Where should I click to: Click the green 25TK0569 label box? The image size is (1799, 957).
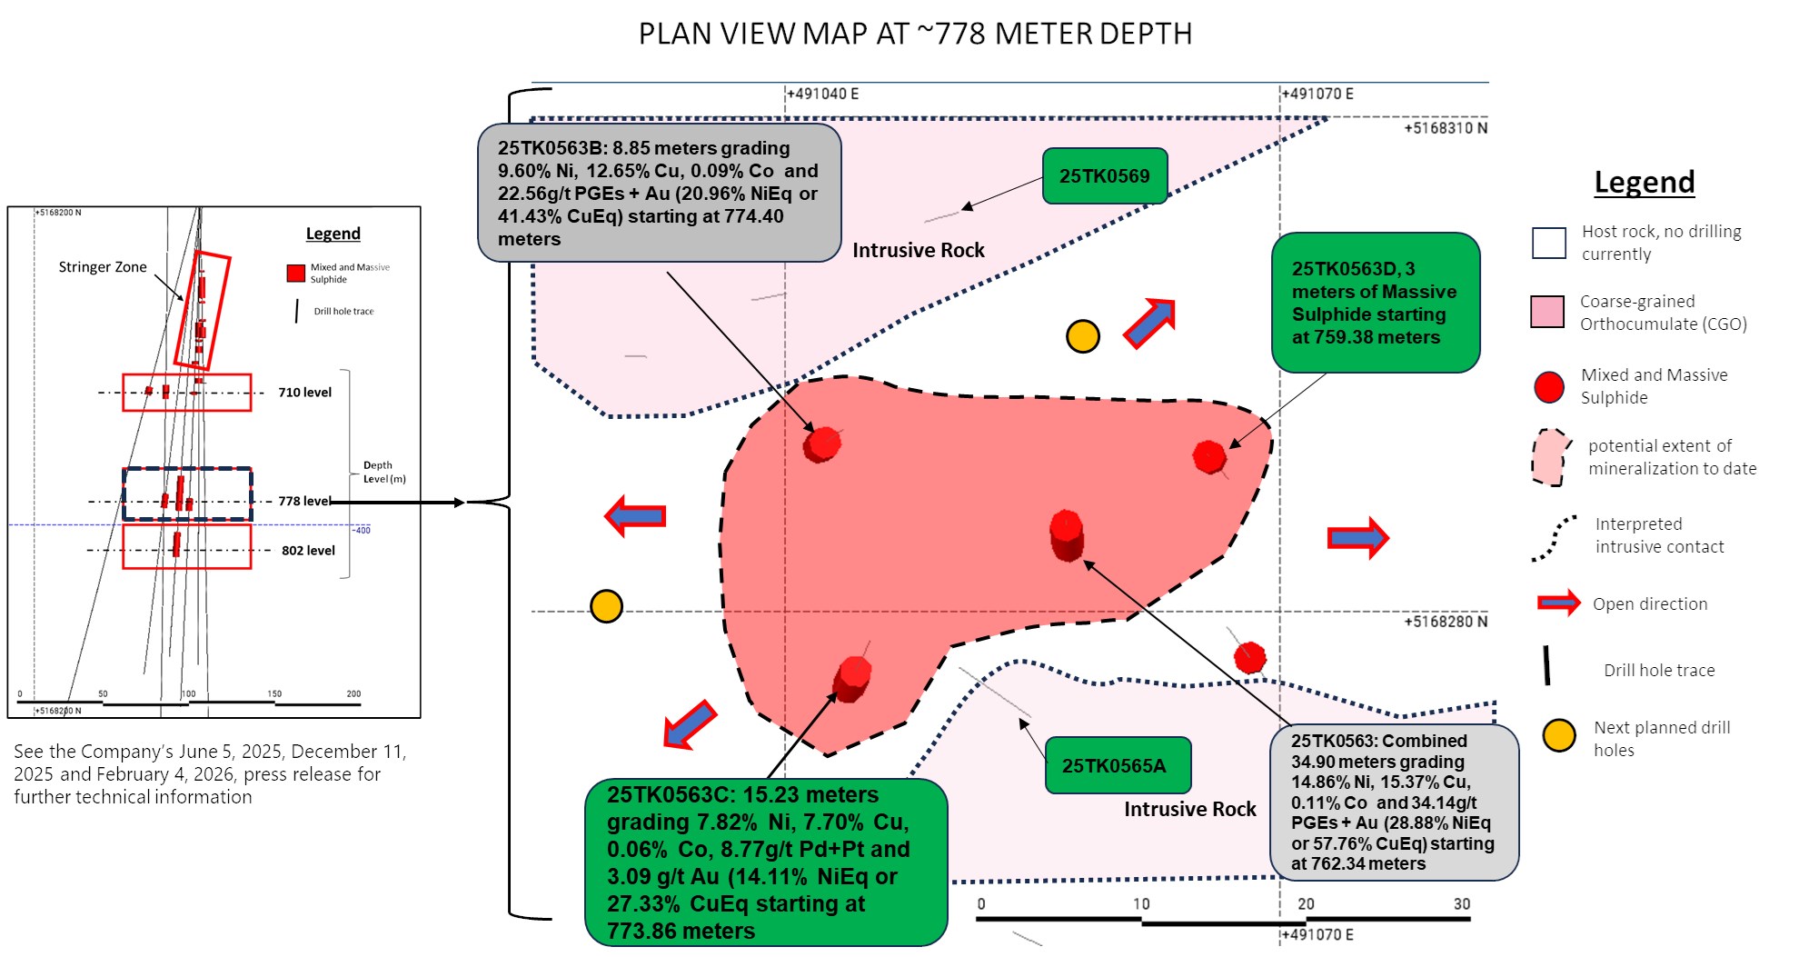click(x=1104, y=176)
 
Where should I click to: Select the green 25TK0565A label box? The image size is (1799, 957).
click(x=1118, y=765)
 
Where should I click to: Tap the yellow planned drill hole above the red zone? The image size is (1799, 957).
click(x=1082, y=336)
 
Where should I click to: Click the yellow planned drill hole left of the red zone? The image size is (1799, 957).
click(x=606, y=605)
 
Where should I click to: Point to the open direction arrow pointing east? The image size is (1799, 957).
click(x=1358, y=537)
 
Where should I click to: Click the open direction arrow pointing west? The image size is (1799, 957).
click(x=635, y=515)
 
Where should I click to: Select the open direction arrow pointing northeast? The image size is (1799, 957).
click(x=1151, y=322)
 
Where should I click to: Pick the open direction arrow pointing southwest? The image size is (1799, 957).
click(x=690, y=724)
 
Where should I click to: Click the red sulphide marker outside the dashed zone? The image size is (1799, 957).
click(x=1250, y=656)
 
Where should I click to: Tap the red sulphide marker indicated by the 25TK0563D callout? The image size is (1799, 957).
click(x=1209, y=456)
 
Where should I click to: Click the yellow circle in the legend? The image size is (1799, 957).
click(x=1559, y=735)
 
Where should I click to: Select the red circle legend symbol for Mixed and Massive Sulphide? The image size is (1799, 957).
click(x=1549, y=387)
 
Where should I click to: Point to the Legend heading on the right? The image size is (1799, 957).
click(x=1644, y=182)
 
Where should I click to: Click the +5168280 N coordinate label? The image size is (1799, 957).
click(x=1446, y=622)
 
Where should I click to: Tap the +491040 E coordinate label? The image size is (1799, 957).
click(x=823, y=94)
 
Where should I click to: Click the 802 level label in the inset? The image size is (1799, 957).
click(x=308, y=551)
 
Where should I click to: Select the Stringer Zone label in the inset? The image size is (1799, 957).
click(x=103, y=267)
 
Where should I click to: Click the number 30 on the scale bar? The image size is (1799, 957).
click(x=1461, y=903)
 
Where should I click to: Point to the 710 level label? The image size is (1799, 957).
click(x=305, y=393)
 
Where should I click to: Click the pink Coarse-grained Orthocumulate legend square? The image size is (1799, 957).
click(x=1547, y=312)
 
